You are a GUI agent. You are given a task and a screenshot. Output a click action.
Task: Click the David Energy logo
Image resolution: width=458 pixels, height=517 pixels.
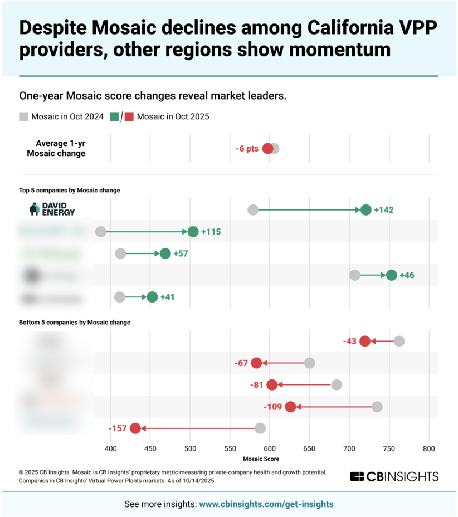(52, 209)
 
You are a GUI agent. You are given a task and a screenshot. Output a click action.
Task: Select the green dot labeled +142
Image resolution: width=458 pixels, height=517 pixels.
(366, 210)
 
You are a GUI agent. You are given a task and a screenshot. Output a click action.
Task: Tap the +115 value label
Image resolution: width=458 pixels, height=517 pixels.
(211, 232)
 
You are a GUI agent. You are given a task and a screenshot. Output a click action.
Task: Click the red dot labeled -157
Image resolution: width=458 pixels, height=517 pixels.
(135, 428)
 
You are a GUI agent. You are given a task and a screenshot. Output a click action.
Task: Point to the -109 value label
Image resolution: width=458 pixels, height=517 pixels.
(272, 407)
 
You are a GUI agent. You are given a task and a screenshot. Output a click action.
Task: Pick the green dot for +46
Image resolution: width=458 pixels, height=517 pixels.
(391, 275)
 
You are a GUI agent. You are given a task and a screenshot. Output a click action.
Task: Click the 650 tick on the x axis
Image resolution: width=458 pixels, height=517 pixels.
(309, 448)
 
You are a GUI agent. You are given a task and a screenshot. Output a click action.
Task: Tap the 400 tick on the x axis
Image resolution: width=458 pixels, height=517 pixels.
(110, 448)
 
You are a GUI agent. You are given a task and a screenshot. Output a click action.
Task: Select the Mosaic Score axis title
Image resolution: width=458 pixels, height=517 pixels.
(261, 459)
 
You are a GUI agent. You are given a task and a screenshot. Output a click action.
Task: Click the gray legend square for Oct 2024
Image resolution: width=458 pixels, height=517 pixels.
(23, 116)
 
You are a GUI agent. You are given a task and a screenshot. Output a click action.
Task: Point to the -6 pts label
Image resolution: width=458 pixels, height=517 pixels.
(247, 149)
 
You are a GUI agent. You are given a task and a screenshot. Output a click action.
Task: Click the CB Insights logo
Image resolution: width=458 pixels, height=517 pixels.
(394, 476)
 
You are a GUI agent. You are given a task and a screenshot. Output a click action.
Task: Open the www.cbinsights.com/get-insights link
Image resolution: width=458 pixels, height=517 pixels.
(266, 504)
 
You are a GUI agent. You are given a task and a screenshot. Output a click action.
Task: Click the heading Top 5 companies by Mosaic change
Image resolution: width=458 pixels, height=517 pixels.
(70, 190)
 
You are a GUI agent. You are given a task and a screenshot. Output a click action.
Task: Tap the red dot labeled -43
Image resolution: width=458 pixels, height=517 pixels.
(365, 342)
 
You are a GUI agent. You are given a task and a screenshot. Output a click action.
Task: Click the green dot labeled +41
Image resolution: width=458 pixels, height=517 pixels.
(152, 297)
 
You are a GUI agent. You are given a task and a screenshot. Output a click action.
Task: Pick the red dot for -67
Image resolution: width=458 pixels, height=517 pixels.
(256, 363)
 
